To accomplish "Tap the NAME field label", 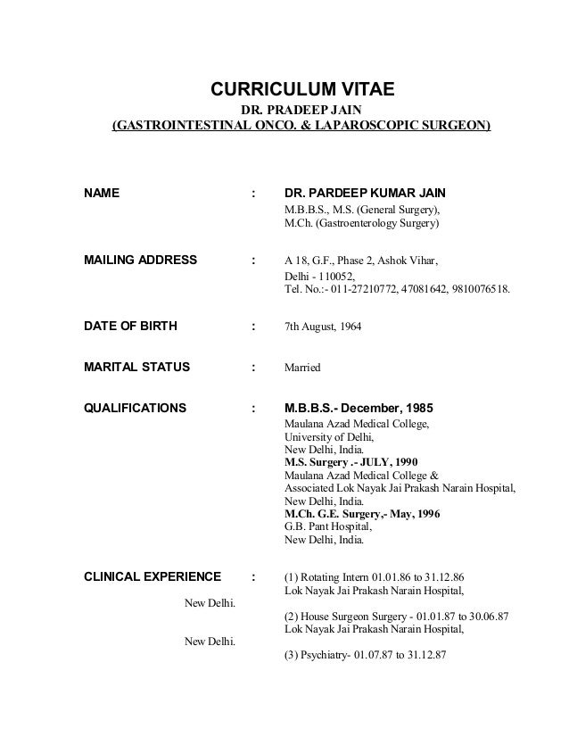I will pos(103,193).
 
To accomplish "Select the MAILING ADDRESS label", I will pos(140,261).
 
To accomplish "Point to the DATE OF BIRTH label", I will pos(130,326).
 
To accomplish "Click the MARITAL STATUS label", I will pos(136,367).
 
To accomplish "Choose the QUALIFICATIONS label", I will pos(135,408).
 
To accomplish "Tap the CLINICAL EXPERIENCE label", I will pos(152,576).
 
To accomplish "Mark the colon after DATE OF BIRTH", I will pos(255,327).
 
